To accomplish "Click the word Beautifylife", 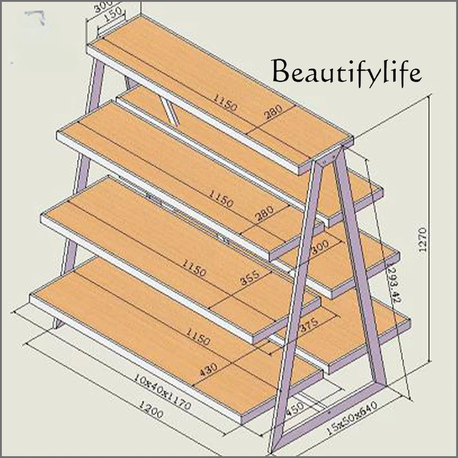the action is point(346,71).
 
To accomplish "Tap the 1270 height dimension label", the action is point(422,239).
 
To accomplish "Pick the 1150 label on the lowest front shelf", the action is point(197,336).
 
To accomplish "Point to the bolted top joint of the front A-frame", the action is point(326,159).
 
